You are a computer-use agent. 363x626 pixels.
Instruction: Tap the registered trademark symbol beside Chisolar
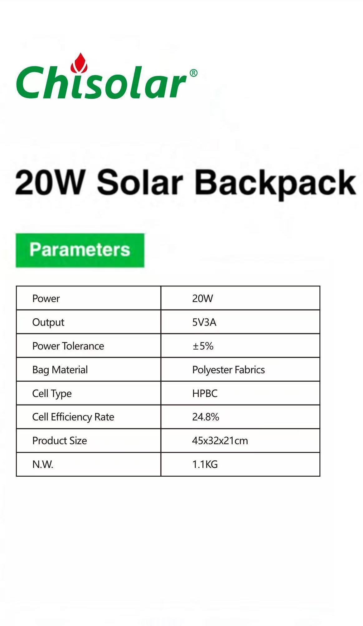pos(193,73)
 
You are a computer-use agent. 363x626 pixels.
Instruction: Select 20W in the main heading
pos(50,182)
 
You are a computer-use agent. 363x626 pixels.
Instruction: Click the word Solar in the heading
pos(140,182)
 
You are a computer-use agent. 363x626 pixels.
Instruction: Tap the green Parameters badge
pos(80,250)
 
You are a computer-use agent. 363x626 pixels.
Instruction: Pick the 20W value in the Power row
pos(202,298)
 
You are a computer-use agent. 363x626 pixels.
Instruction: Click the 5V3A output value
pos(204,322)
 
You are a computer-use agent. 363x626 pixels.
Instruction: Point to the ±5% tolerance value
pos(203,346)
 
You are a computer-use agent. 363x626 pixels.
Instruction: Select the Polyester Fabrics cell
pos(228,370)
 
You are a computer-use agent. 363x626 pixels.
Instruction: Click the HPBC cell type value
pos(205,393)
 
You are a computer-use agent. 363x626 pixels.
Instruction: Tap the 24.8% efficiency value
pos(206,417)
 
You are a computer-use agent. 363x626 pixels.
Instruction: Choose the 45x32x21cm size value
pos(220,440)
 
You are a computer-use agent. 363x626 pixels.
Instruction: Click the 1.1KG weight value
pos(205,464)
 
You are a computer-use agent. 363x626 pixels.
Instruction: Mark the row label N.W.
pos(43,464)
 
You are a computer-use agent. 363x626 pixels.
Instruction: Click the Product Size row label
pos(60,440)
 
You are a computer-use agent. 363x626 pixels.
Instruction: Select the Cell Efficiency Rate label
pos(73,417)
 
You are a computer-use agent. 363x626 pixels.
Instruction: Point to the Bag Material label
pos(60,370)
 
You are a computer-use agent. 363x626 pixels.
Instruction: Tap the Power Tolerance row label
pos(68,346)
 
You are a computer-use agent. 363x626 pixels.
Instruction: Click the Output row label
pos(48,322)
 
